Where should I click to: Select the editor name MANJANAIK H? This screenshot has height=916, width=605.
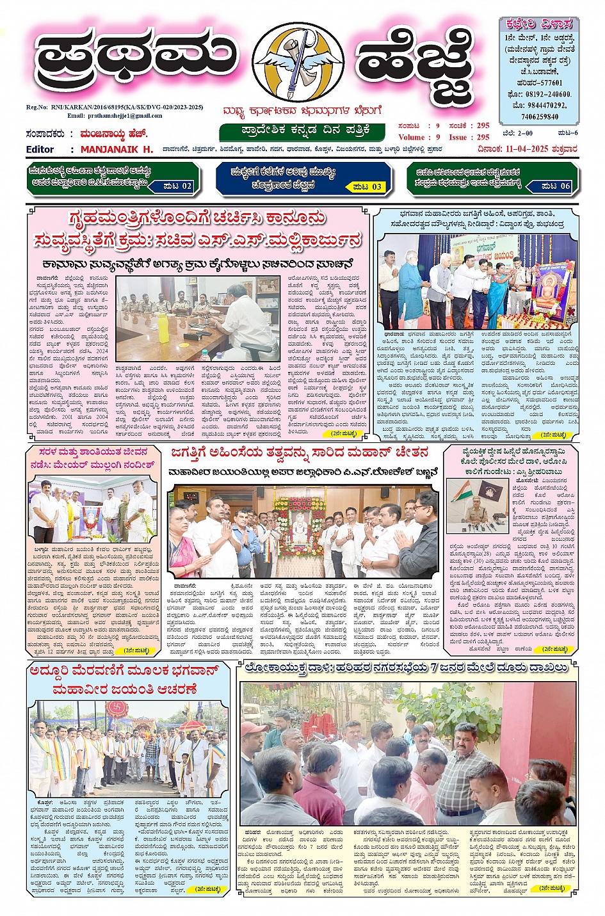117,149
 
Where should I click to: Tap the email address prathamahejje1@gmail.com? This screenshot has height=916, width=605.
115,116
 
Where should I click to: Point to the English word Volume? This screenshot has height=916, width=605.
411,137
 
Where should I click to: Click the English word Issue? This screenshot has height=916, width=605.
458,137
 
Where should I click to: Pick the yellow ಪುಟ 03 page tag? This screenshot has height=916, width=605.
367,187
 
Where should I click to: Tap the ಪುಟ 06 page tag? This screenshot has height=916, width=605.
556,186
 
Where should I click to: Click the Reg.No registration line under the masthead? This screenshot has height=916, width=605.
115,108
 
